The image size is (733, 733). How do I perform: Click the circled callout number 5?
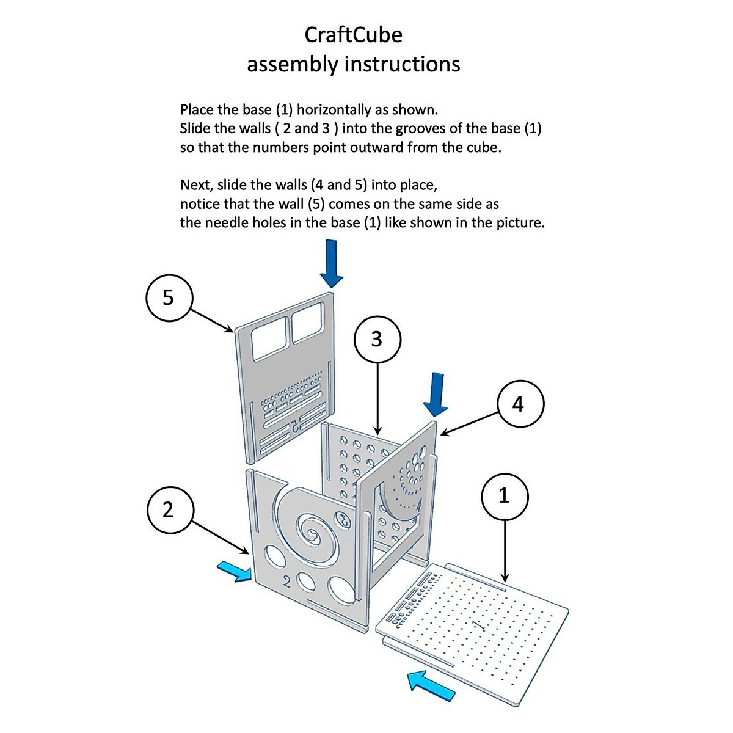[x=169, y=297]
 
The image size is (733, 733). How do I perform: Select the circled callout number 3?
[x=377, y=338]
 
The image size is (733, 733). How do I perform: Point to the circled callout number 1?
[x=505, y=497]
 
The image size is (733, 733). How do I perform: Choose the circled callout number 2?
[x=169, y=509]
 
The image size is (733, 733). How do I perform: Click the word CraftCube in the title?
[x=353, y=35]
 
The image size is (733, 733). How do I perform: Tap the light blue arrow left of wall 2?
[x=235, y=572]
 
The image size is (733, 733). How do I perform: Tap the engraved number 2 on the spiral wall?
[x=286, y=582]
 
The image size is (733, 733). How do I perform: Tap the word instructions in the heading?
[x=401, y=64]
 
